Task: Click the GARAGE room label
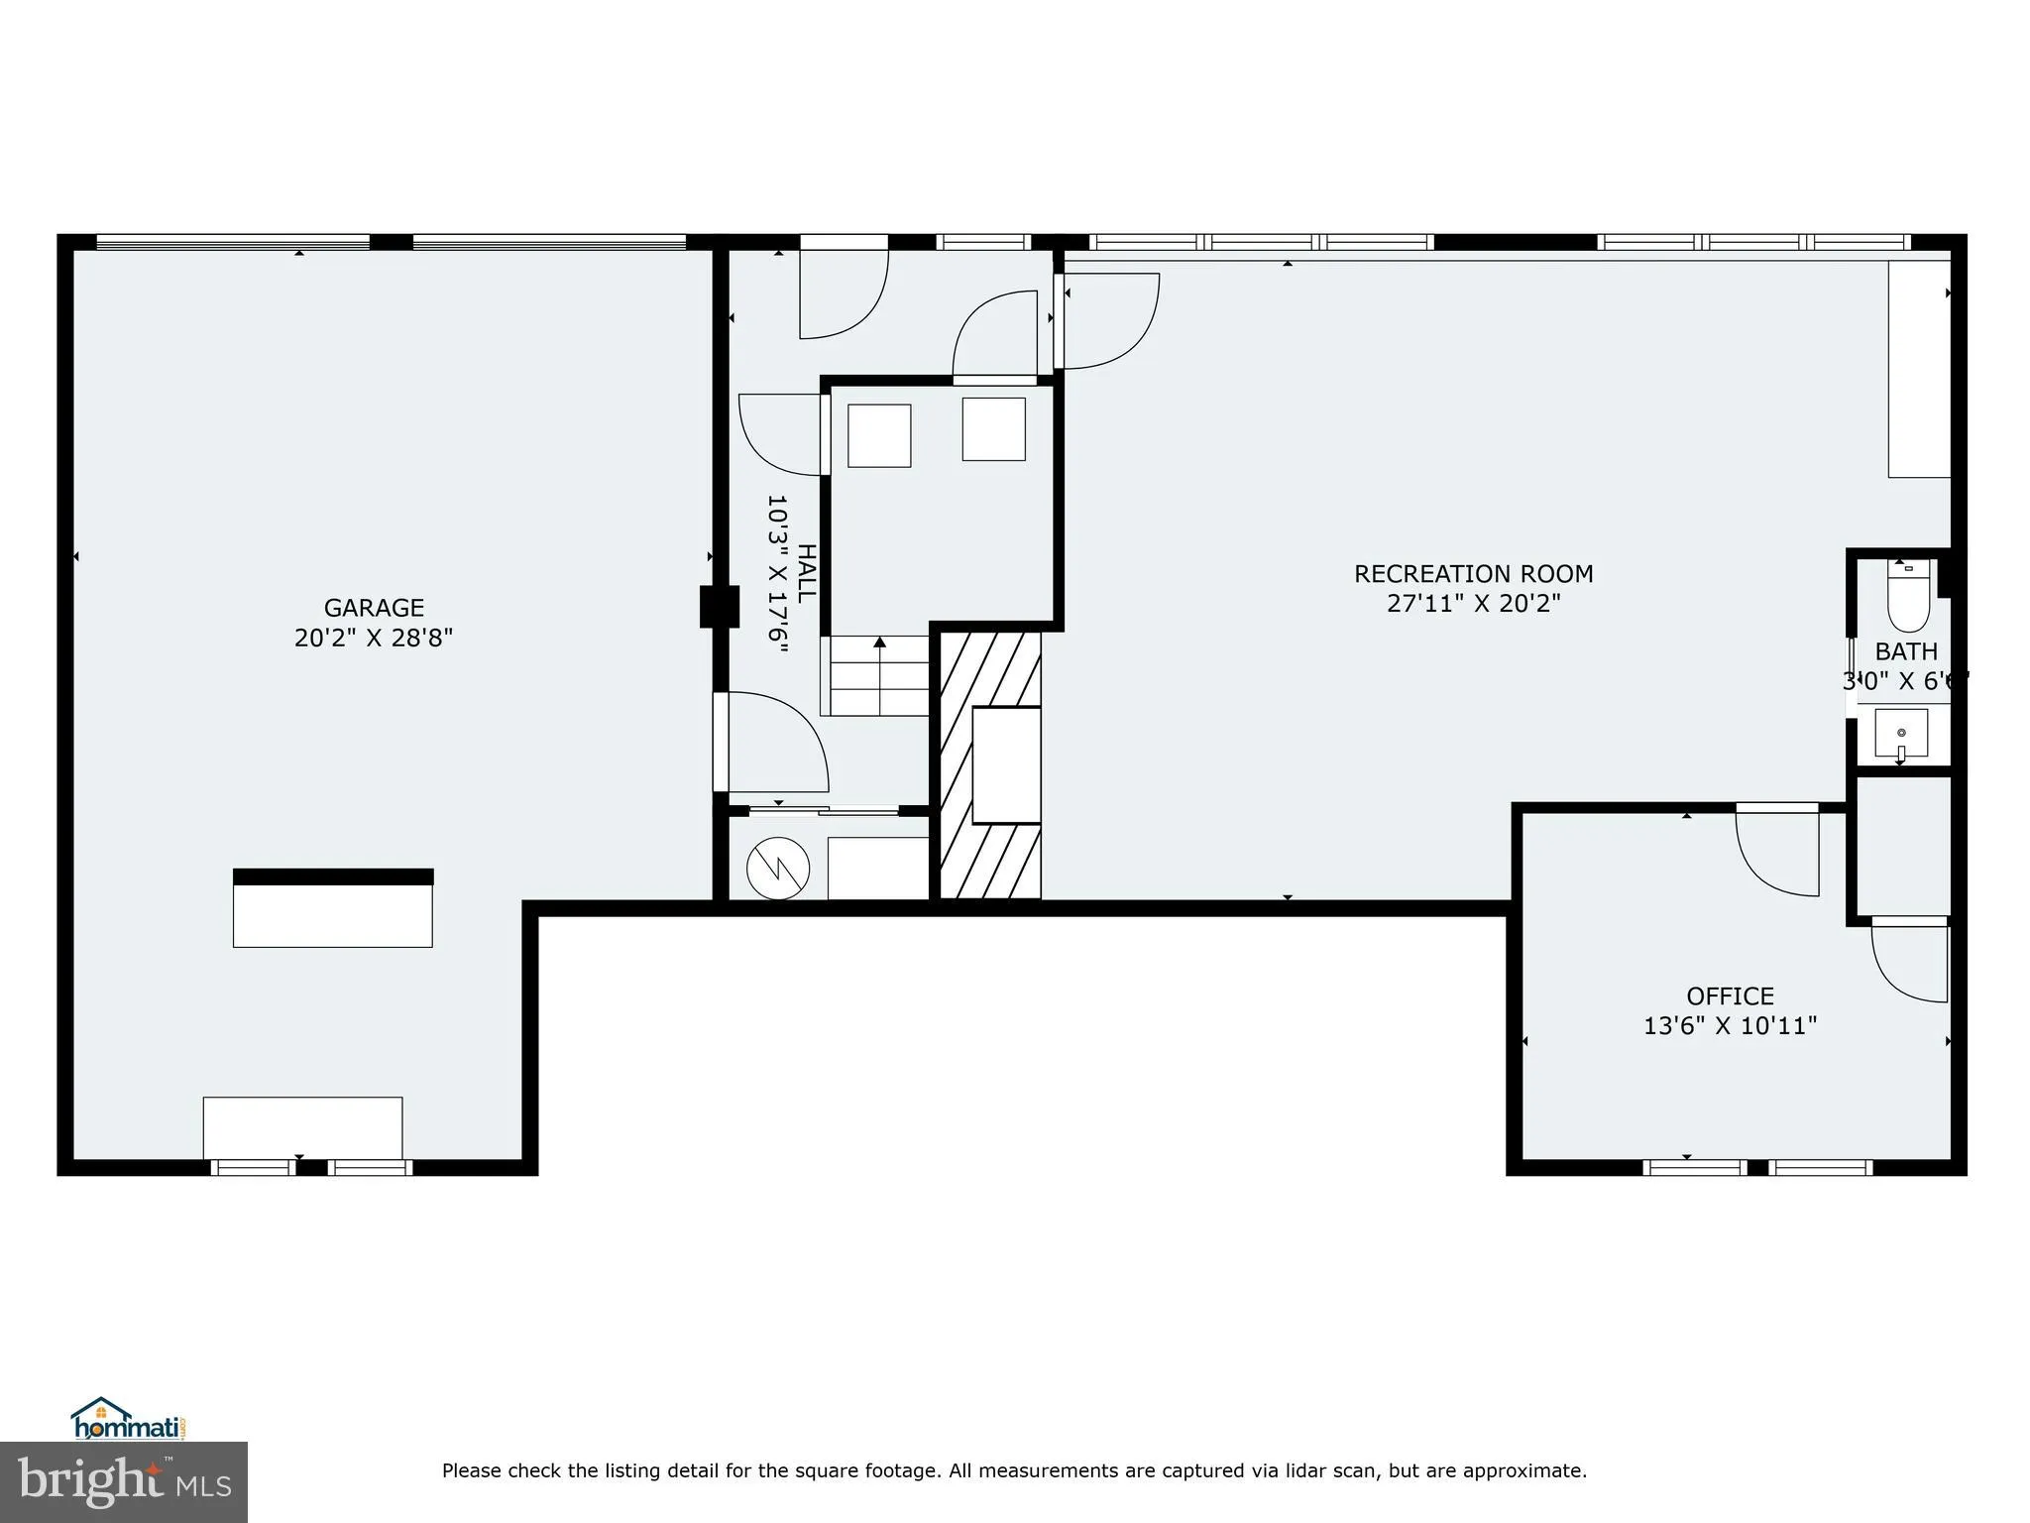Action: tap(374, 608)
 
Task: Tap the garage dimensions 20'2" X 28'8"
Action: tap(374, 638)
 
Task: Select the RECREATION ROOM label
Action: tap(1473, 574)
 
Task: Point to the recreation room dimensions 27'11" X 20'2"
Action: tap(1473, 603)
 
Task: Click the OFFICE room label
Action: tap(1730, 996)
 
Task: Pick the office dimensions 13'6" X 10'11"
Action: tap(1730, 1025)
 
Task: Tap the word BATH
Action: tap(1906, 651)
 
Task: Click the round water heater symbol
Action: tap(778, 869)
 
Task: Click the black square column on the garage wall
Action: tap(720, 607)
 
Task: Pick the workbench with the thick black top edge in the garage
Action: tap(333, 908)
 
